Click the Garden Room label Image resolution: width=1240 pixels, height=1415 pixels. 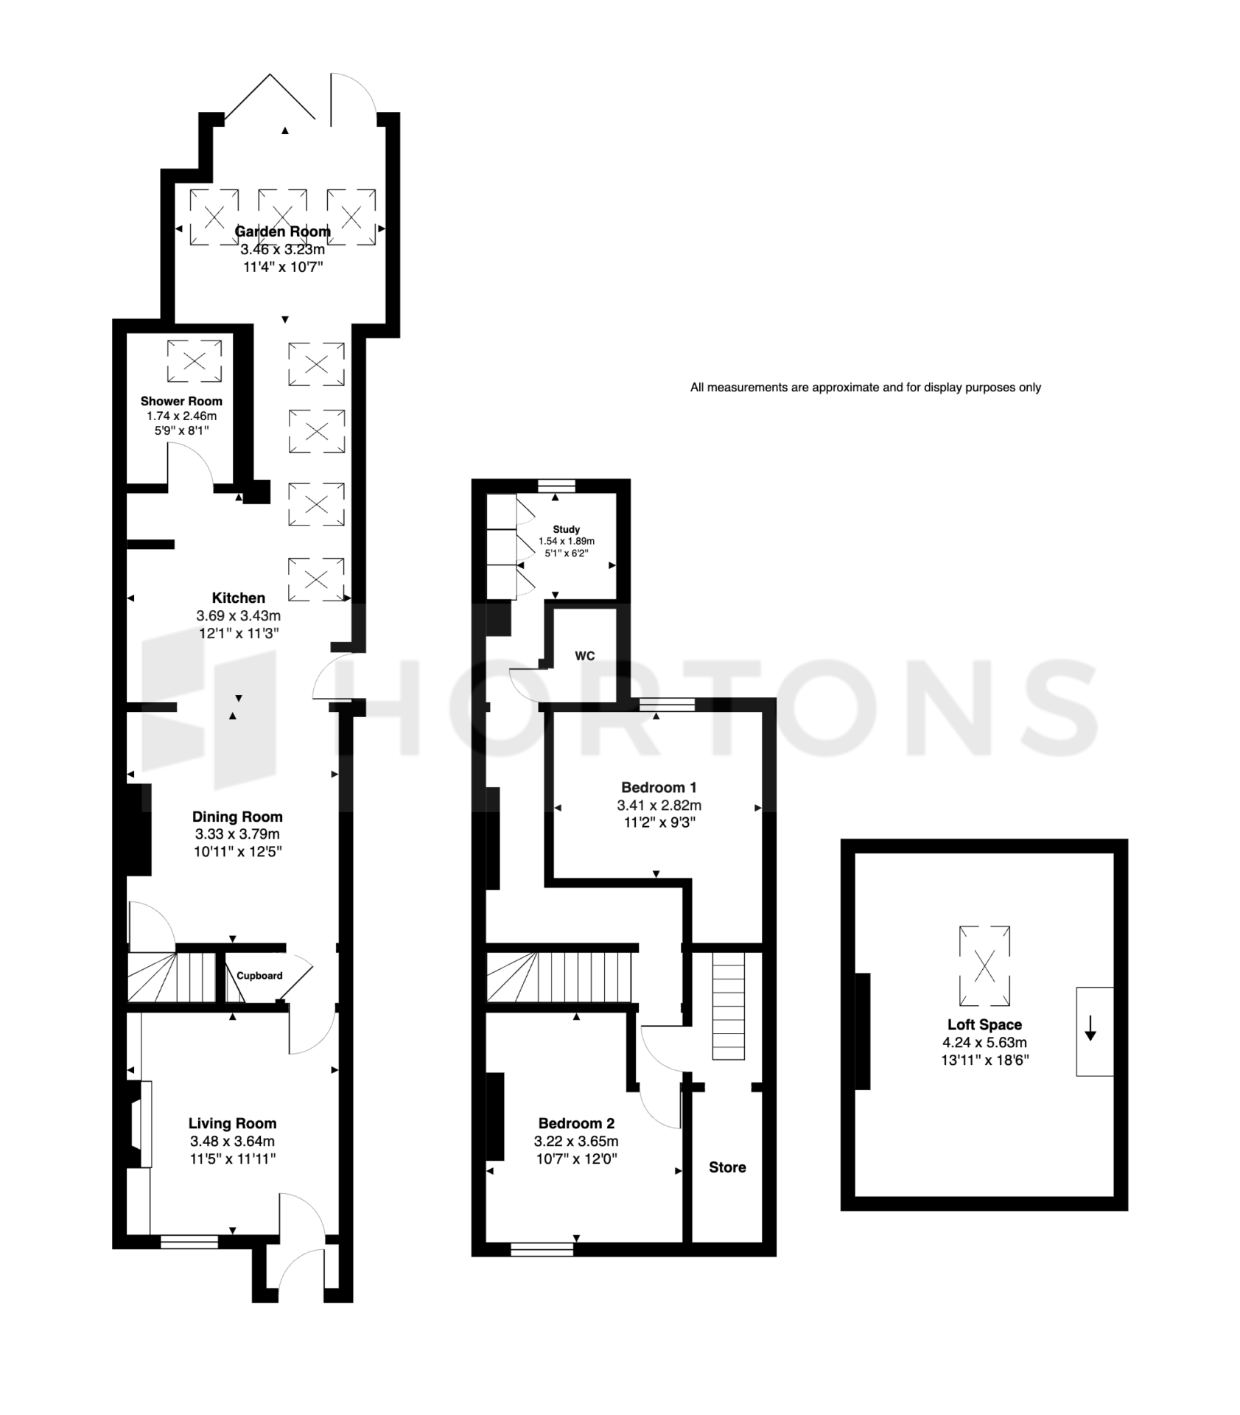point(282,231)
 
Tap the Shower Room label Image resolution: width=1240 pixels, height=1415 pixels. point(181,402)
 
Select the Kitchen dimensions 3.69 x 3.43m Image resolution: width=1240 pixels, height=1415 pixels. point(238,615)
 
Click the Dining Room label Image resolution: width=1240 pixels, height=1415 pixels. point(237,817)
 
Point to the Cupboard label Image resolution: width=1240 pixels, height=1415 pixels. point(259,976)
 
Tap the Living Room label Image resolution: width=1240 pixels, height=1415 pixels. point(232,1124)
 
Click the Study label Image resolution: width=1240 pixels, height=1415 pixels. point(566,529)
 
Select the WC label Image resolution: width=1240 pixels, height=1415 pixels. point(585,656)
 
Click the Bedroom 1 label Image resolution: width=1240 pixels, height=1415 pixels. point(659,787)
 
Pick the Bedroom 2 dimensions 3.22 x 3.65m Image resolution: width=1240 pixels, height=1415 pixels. point(576,1142)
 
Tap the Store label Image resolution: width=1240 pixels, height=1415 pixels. point(727,1167)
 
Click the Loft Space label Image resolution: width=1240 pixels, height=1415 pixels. point(984,1024)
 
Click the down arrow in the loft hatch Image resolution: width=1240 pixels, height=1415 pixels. point(1090,1029)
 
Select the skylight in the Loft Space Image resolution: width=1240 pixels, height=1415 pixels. point(984,965)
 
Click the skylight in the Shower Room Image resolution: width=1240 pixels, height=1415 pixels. point(195,361)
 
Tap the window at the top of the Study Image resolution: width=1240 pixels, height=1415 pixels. point(556,485)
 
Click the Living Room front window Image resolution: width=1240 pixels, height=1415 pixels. point(189,1242)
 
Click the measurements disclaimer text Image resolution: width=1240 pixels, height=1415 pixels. point(865,388)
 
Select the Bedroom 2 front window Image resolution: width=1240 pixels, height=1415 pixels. point(542,1248)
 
